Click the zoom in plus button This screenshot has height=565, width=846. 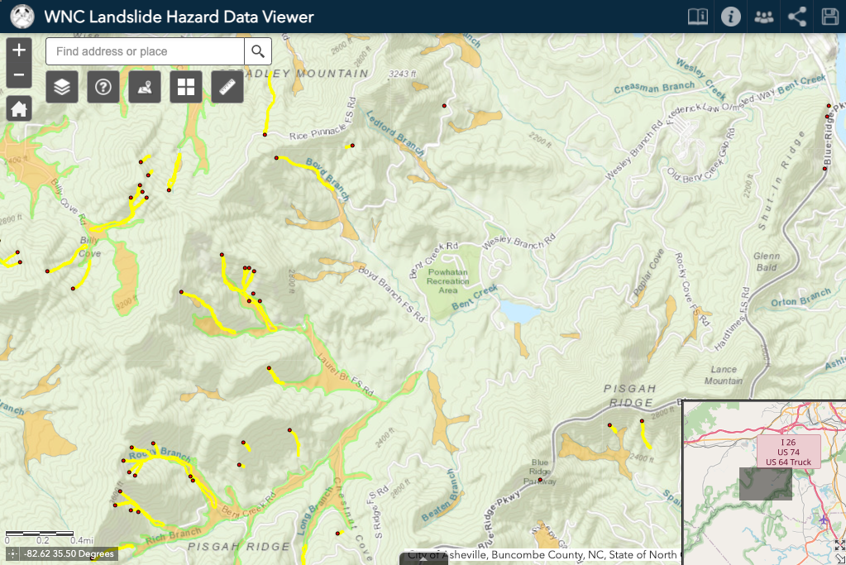19,50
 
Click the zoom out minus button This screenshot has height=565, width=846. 19,76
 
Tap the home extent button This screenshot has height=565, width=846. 19,108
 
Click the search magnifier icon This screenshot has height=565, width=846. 258,51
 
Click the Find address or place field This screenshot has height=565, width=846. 145,51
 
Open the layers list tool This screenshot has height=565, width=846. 62,86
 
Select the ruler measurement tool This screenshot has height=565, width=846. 227,86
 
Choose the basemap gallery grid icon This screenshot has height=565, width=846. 186,86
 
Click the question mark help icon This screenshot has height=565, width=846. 103,86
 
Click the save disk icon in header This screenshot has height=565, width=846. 829,17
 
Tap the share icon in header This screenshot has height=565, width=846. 797,17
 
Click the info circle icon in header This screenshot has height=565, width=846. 730,17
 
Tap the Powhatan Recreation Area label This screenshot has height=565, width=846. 447,281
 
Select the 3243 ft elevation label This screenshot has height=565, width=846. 401,74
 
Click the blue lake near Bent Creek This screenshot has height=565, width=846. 517,312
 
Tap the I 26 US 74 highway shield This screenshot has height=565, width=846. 788,452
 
